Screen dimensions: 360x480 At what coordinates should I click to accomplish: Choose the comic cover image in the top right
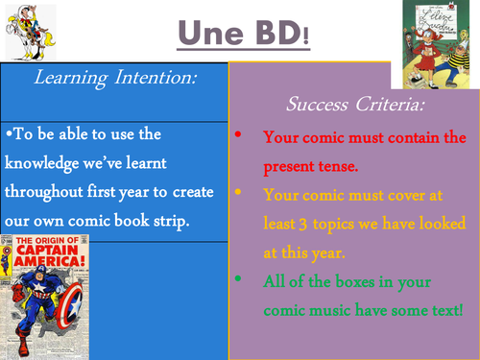click(x=438, y=44)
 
